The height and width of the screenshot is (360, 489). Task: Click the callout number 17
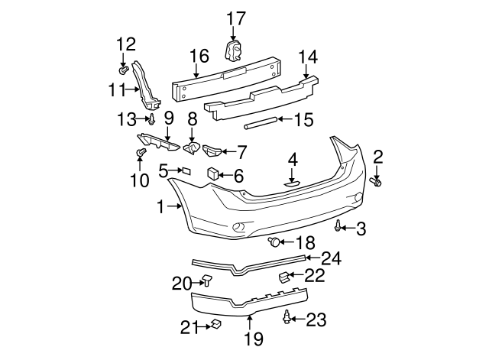236,17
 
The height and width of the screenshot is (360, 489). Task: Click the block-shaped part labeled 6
213,174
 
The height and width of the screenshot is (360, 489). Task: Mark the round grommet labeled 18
274,243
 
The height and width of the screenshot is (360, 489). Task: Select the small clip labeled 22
283,275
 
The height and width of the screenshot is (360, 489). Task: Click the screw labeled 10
141,154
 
